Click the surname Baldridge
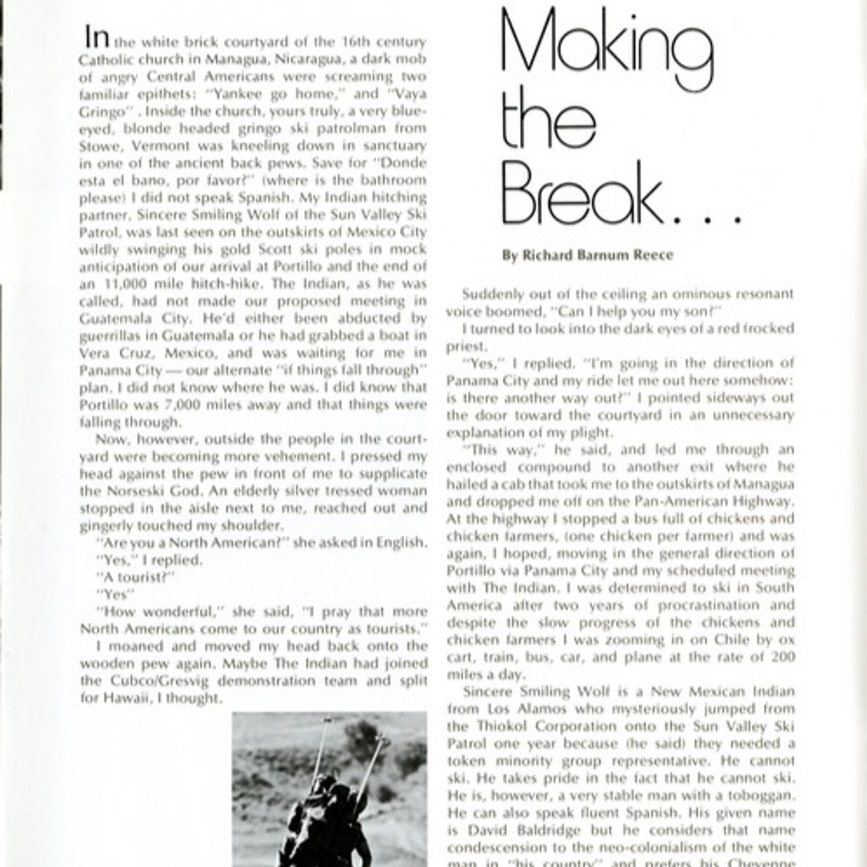coord(547,831)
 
